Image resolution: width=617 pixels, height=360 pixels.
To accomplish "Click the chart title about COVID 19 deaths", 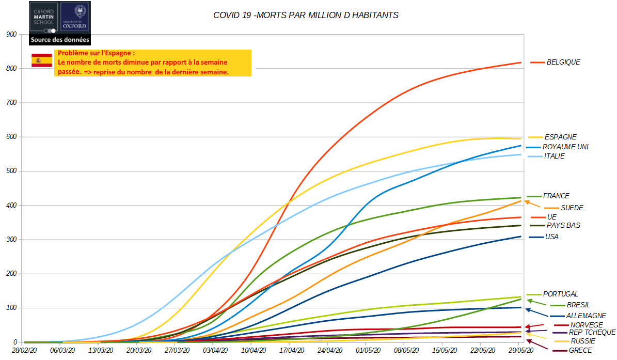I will pos(306,15).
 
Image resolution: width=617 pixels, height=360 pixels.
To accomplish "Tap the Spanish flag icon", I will pos(42,60).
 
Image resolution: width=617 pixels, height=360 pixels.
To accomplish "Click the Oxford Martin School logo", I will pos(43,17).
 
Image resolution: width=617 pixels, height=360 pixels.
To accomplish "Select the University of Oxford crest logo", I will pos(74,17).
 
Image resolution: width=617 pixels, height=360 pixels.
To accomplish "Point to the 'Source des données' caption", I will pos(60,40).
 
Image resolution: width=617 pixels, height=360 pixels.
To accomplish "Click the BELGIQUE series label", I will pos(563,62).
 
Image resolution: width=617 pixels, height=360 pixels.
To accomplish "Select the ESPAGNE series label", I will pos(561,137).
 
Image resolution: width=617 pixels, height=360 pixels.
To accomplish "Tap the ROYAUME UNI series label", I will pos(565,147).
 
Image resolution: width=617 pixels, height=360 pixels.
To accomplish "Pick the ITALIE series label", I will pos(554,156).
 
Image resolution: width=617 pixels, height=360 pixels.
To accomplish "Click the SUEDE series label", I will pos(572,208).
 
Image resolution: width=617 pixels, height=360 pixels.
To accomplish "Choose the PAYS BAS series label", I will pos(563,226).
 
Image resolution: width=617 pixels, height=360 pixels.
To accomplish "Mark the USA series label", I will pos(551,237).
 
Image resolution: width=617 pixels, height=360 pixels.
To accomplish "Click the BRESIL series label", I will pos(578,305).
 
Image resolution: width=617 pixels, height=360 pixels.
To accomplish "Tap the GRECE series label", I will pos(580,351).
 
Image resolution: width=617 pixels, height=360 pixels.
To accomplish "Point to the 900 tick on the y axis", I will pos(11,35).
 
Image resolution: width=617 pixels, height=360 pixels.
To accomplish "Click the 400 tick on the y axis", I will pos(11,206).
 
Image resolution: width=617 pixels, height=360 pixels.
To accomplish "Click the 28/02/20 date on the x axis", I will pos(24,351).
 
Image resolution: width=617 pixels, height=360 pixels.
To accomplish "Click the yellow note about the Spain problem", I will pos(152,63).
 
